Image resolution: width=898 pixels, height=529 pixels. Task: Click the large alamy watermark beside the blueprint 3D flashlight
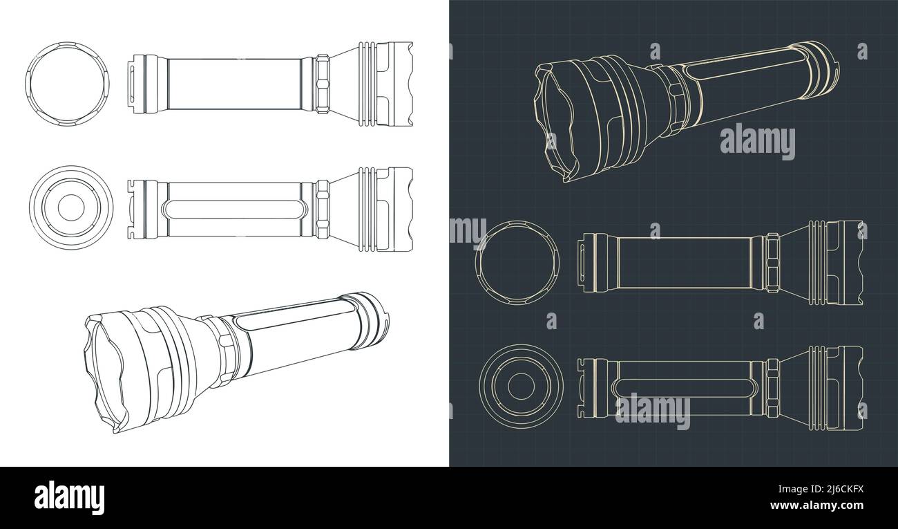(758, 141)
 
